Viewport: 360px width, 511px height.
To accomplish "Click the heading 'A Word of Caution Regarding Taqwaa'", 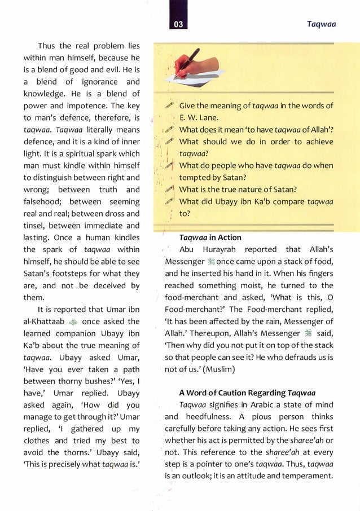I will (247, 393).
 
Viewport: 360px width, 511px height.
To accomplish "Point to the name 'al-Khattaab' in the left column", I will (45, 321).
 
